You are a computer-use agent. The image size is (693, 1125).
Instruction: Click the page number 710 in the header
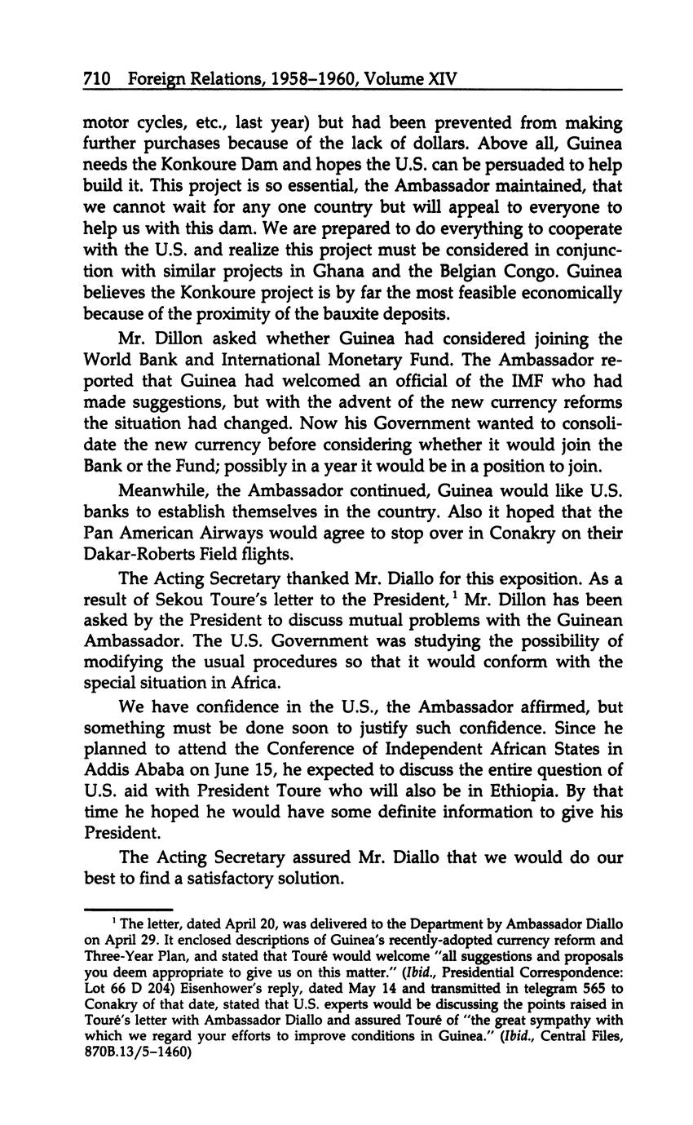[x=97, y=79]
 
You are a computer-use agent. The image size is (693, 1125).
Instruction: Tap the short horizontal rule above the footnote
[x=128, y=909]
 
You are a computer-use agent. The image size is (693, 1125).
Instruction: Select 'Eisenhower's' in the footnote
[x=221, y=987]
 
